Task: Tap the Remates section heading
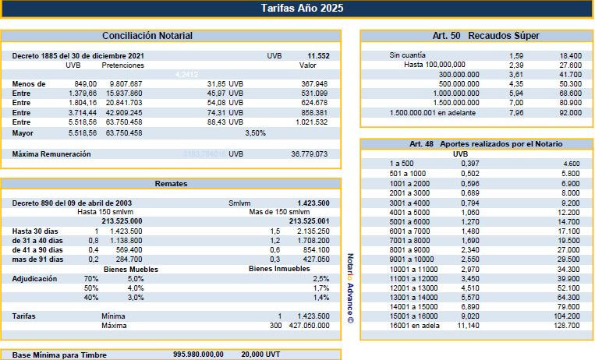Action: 171,184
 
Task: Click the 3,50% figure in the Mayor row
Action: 256,133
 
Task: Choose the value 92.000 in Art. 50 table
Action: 569,112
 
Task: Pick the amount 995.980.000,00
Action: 198,354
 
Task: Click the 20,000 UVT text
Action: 261,354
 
